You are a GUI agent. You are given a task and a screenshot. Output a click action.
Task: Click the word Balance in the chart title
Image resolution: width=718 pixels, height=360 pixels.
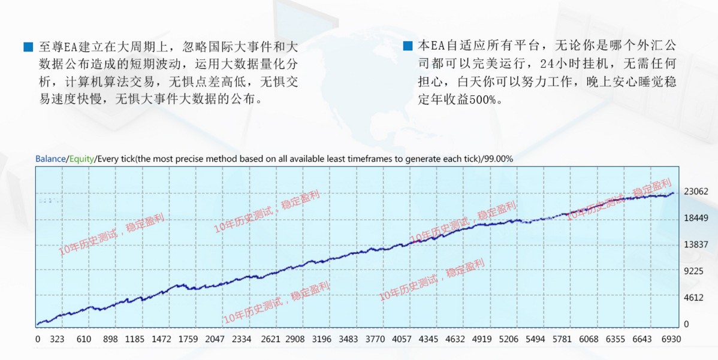[50, 159]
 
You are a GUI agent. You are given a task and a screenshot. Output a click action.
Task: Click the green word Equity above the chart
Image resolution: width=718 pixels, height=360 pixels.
[82, 159]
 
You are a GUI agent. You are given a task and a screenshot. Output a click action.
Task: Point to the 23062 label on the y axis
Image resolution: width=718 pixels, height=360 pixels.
[696, 192]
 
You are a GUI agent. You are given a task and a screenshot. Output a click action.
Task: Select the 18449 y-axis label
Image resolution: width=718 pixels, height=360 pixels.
[696, 218]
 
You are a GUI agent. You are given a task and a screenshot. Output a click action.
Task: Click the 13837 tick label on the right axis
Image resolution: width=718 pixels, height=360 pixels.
[696, 244]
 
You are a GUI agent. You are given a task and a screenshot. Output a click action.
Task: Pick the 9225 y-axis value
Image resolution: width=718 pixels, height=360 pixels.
[694, 271]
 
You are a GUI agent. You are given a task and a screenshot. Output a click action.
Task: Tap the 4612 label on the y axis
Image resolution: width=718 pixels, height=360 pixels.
[694, 297]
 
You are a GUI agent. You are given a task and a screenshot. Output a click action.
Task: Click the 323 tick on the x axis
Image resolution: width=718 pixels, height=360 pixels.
[58, 340]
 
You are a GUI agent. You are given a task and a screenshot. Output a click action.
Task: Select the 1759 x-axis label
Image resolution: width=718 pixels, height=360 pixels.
[188, 340]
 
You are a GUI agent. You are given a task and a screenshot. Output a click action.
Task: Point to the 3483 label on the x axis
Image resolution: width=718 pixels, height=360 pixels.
[348, 340]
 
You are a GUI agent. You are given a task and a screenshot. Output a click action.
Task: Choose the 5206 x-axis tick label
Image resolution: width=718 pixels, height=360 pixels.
[509, 340]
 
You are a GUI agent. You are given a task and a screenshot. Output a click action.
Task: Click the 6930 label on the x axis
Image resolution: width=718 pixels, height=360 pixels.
[671, 340]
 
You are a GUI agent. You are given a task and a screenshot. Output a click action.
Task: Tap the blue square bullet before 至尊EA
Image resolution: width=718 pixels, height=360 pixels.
[28, 47]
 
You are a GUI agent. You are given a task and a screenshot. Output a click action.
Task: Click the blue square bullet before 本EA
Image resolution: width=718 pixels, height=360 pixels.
[408, 46]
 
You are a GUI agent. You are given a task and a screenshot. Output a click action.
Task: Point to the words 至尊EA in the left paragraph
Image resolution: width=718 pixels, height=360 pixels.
[58, 47]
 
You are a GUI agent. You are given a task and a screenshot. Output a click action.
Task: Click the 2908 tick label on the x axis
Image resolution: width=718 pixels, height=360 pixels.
[295, 340]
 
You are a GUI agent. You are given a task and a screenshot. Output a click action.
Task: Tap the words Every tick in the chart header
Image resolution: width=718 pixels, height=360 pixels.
[116, 159]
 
